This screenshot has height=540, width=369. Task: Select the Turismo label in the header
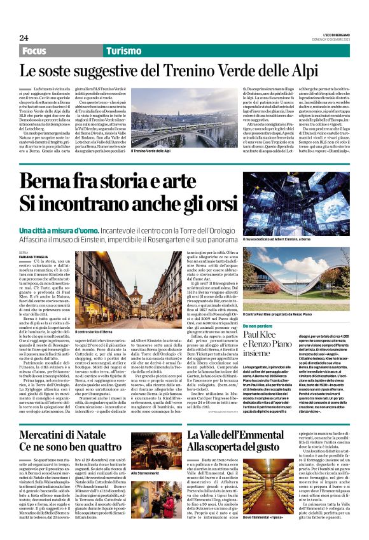coord(123,50)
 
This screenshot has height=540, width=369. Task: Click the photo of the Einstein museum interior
coord(295,202)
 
